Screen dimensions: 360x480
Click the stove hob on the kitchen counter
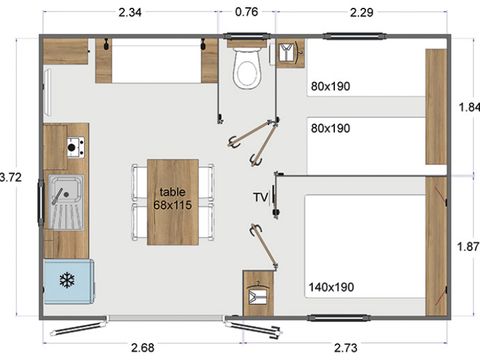click(73, 149)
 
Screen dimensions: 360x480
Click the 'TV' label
click(260, 197)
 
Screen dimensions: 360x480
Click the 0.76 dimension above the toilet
click(246, 12)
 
